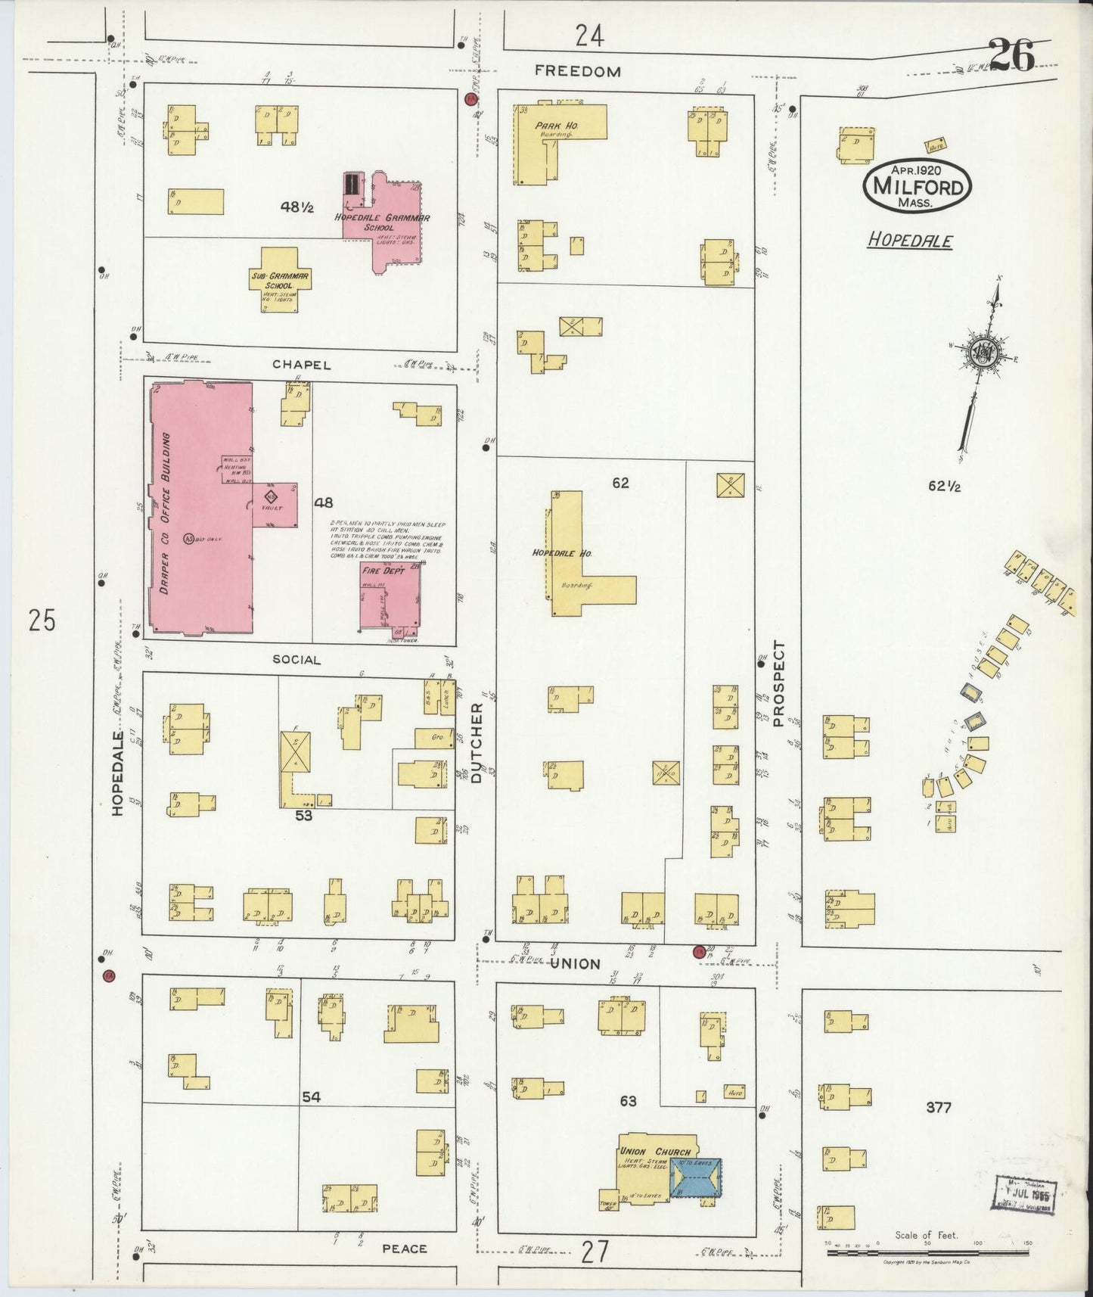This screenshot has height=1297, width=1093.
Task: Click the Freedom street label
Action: (x=577, y=71)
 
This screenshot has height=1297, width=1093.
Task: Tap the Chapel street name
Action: (x=302, y=365)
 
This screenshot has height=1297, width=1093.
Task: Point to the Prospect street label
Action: (x=779, y=684)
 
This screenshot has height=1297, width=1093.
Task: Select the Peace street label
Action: (x=404, y=1248)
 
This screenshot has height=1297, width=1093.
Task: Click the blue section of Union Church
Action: (x=695, y=1177)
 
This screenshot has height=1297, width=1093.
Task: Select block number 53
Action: (x=304, y=816)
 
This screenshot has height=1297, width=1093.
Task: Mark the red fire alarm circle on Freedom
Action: (x=471, y=99)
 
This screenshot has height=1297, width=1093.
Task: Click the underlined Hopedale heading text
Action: (x=909, y=241)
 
